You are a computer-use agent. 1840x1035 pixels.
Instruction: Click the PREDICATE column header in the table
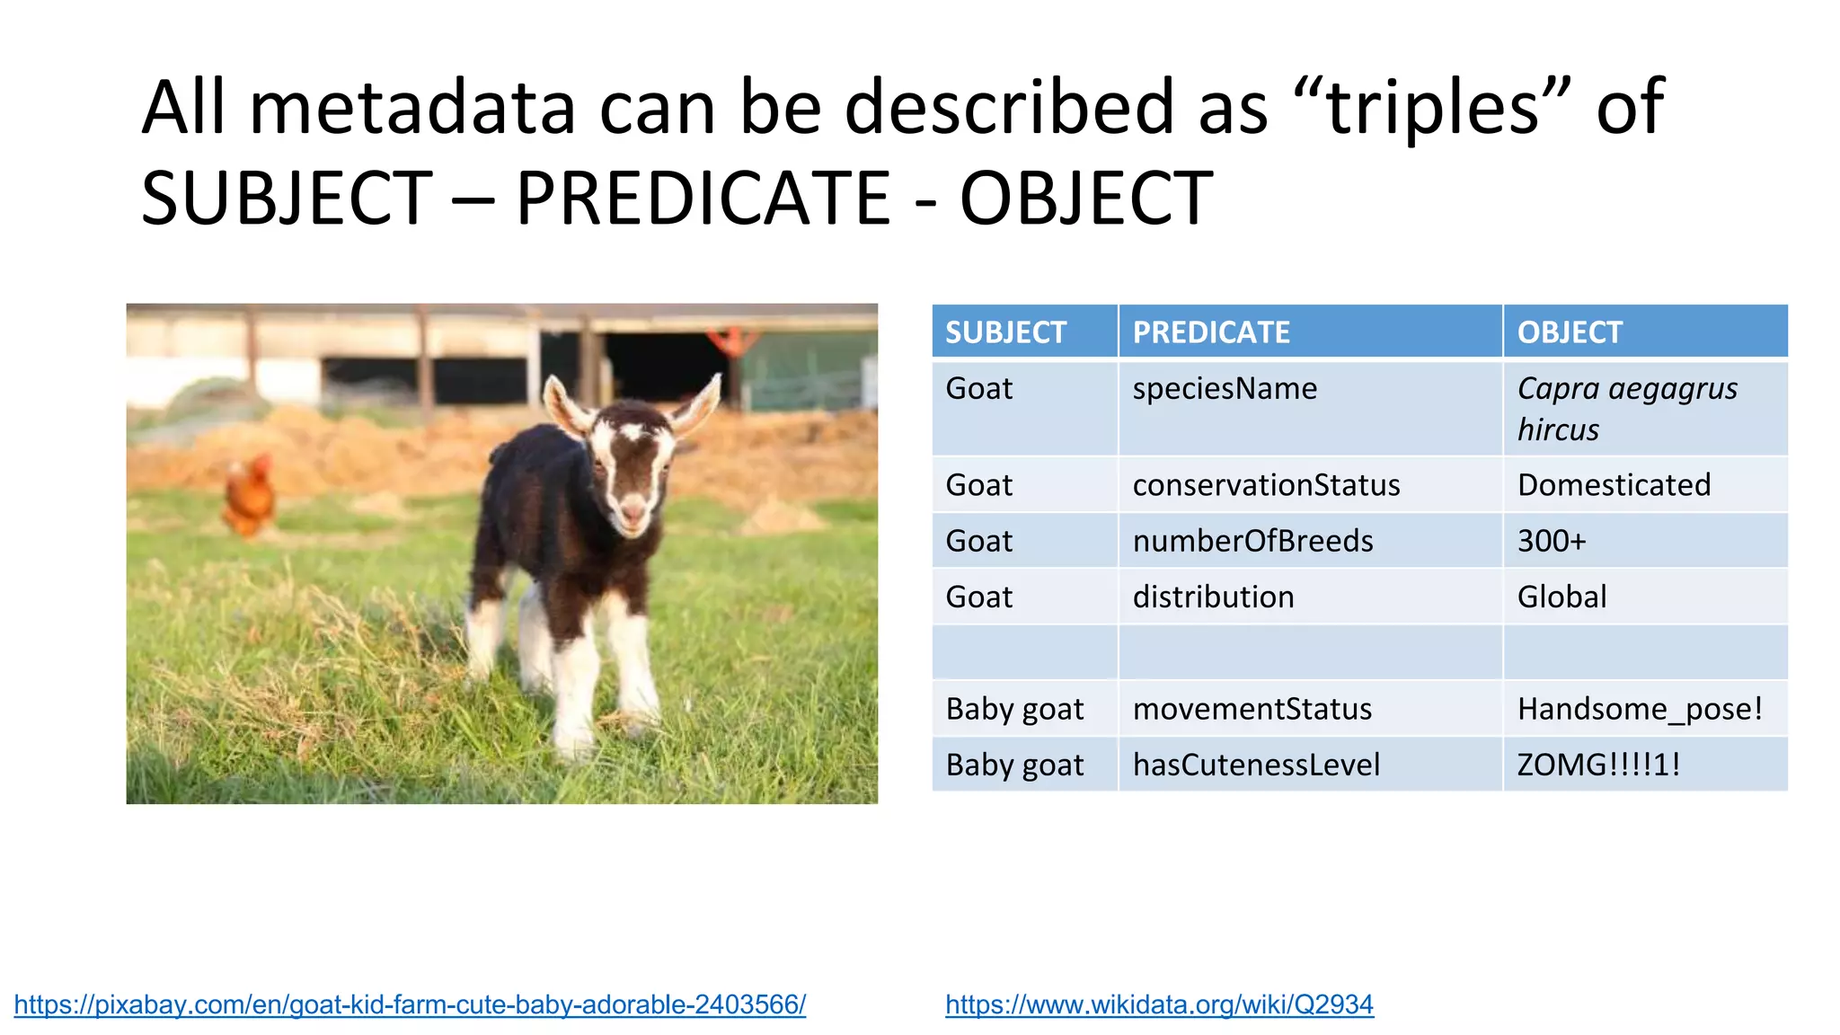point(1210,332)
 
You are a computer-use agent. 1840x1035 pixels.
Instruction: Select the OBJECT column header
point(1569,332)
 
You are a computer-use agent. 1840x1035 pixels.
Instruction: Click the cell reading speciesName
point(1224,389)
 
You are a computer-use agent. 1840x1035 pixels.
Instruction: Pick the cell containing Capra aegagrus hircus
point(1626,409)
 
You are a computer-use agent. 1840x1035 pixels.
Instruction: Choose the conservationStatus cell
point(1265,485)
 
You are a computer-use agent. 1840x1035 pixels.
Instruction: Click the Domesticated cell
point(1614,485)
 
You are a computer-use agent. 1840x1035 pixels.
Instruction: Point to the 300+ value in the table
point(1552,541)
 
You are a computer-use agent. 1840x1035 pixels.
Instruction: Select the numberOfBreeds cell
point(1252,541)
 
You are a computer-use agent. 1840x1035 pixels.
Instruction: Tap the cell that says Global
point(1561,597)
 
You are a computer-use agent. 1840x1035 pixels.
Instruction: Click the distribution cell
point(1213,597)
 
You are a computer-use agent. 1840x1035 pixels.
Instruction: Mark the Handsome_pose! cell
point(1640,709)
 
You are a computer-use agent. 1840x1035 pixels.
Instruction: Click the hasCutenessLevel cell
point(1255,765)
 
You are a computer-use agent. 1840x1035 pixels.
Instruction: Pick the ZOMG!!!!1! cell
point(1598,765)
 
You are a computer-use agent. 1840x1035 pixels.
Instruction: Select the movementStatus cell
point(1252,709)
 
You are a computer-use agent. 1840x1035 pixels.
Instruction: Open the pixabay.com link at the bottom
point(410,1004)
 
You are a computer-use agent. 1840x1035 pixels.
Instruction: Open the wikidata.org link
point(1159,1004)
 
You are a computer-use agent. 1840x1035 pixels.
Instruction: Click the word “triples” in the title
point(1432,108)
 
